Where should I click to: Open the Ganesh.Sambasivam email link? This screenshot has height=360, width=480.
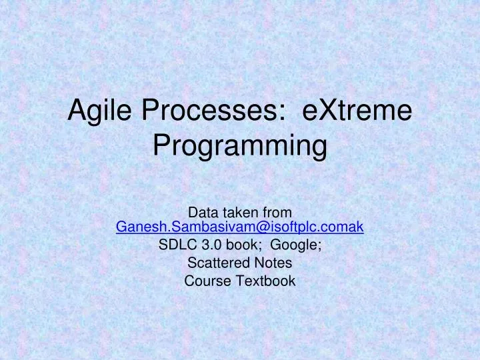coord(240,227)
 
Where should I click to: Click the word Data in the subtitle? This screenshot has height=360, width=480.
coord(203,213)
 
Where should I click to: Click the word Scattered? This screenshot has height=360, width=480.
coord(215,263)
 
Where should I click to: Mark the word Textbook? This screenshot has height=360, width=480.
coord(267,281)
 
